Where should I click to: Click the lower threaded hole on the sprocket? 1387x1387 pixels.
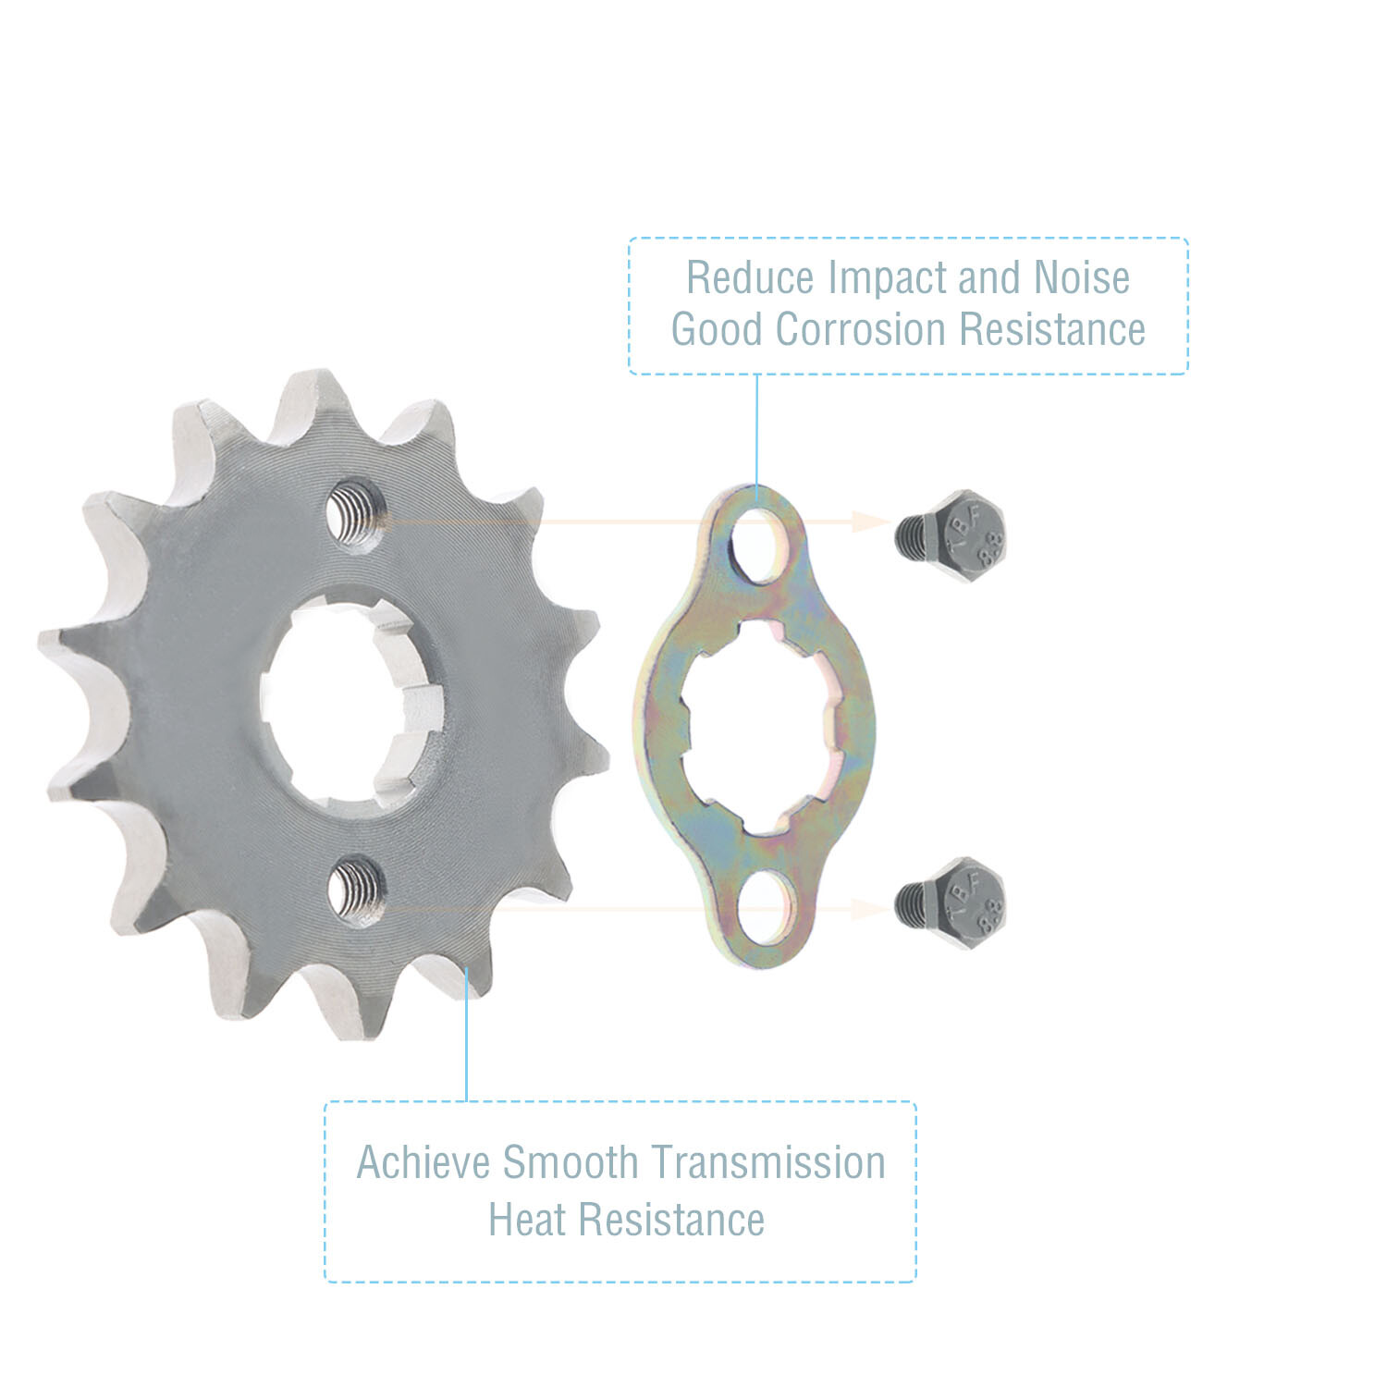click(358, 890)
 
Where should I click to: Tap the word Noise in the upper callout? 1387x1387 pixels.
click(1081, 277)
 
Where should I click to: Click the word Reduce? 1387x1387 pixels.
click(750, 277)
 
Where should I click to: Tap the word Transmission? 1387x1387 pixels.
click(767, 1163)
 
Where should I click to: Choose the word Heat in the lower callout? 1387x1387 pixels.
click(527, 1220)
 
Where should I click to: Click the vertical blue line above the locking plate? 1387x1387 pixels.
click(757, 435)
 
